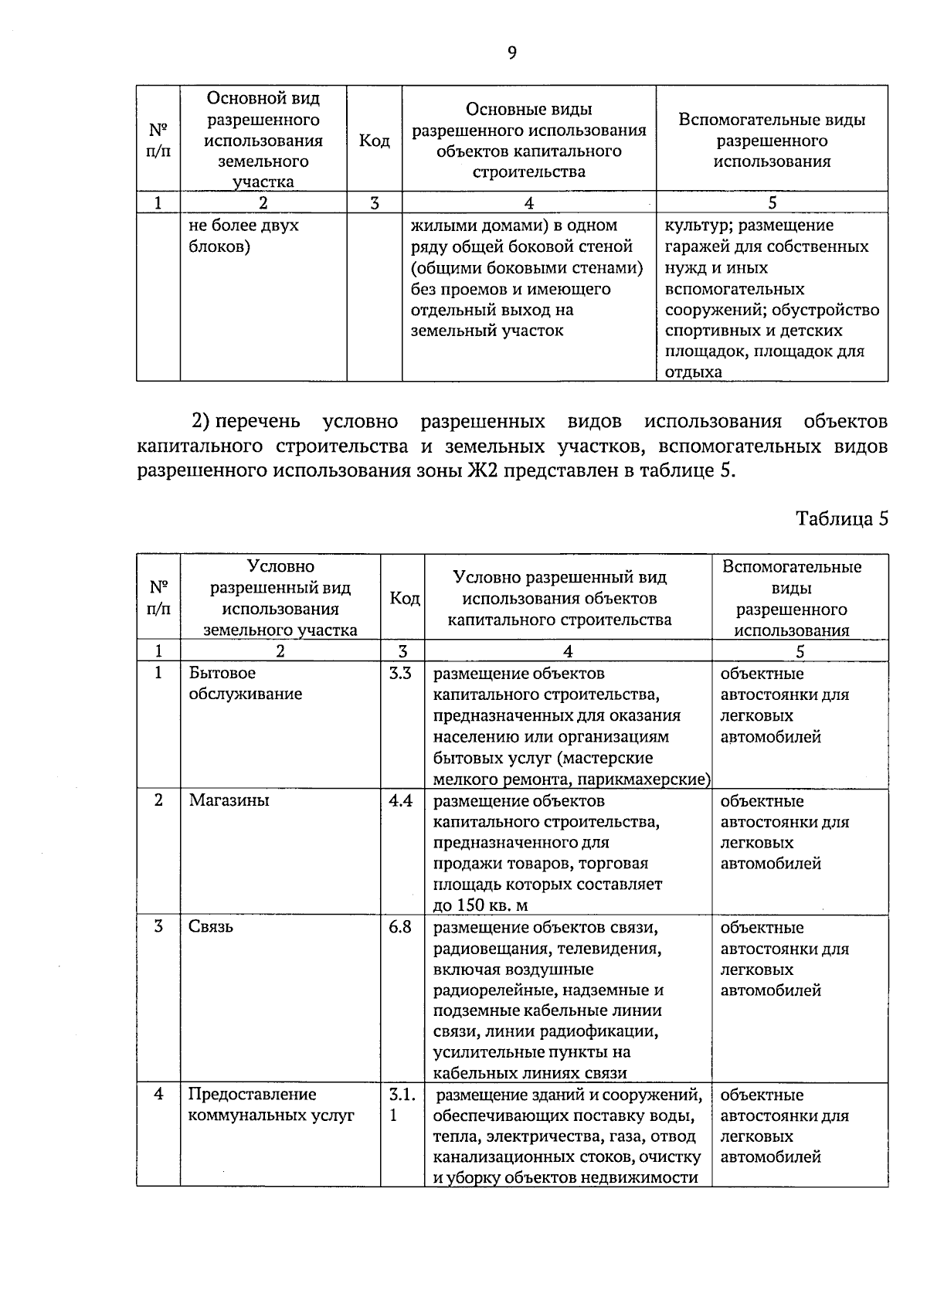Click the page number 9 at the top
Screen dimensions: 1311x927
[x=511, y=53]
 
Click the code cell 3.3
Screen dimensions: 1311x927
[x=400, y=674]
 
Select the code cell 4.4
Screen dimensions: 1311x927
[x=400, y=800]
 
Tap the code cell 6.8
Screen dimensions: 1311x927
[x=400, y=927]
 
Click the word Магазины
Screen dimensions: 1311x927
[x=229, y=800]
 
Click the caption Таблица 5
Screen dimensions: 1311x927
[x=842, y=518]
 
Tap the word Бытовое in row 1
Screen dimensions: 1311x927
[x=222, y=674]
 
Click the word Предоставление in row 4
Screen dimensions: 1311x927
[x=252, y=1095]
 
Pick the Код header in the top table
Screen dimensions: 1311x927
[x=374, y=141]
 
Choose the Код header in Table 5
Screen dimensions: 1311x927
[x=404, y=599]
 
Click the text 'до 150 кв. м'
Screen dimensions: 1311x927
[x=480, y=905]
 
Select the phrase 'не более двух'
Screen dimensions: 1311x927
[x=243, y=226]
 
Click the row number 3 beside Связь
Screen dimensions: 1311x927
[x=158, y=927]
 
